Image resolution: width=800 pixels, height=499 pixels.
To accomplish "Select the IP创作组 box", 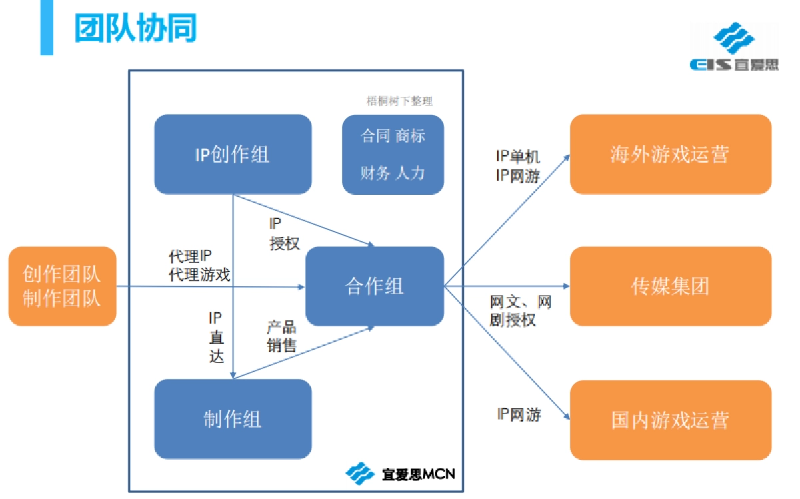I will (x=233, y=155).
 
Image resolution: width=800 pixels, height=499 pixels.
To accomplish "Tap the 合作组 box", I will (x=374, y=286).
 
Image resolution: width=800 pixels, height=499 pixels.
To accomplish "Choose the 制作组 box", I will (x=233, y=419).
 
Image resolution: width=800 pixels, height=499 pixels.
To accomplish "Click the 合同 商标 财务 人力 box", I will (x=393, y=155).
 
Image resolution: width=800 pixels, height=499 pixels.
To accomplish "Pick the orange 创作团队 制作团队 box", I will (x=62, y=286).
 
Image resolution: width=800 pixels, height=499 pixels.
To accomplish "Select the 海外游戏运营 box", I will (x=670, y=155).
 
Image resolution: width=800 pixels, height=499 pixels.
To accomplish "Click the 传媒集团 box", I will (x=670, y=286).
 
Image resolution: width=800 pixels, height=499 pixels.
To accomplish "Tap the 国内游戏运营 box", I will (x=670, y=420).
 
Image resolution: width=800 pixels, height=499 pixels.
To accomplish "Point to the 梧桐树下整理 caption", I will (x=399, y=101).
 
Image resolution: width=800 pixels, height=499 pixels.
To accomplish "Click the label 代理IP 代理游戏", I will (x=199, y=266).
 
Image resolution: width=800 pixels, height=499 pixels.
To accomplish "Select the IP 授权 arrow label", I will (x=285, y=234).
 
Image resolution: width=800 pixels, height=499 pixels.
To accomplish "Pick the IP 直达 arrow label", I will (x=216, y=337).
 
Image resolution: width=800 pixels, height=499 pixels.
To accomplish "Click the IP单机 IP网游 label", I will (x=518, y=166).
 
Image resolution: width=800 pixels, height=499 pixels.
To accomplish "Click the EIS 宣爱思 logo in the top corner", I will (x=733, y=47).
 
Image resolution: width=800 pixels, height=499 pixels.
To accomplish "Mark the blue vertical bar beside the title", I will (x=47, y=27).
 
